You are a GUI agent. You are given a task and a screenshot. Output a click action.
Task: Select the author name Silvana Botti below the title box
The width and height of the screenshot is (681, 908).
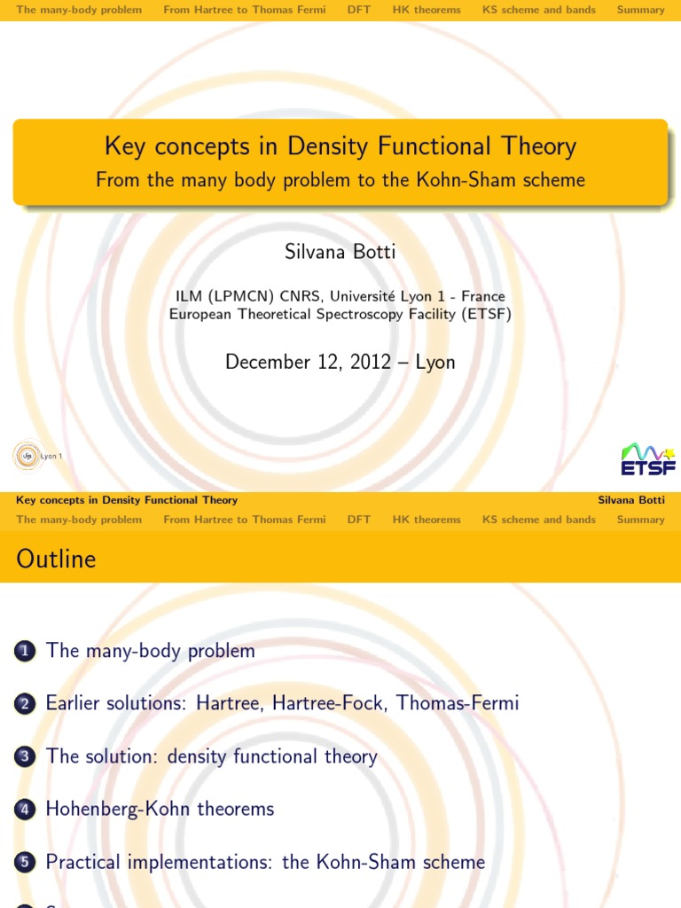(x=340, y=252)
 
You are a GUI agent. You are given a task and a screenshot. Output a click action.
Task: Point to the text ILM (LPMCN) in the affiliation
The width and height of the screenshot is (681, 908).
(x=225, y=296)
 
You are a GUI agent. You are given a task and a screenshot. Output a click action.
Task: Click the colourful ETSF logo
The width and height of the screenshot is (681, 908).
(x=647, y=458)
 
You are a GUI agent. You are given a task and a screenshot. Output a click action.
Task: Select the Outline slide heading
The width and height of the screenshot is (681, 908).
(x=56, y=559)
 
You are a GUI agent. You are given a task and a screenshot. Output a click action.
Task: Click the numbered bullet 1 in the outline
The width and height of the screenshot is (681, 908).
(x=24, y=652)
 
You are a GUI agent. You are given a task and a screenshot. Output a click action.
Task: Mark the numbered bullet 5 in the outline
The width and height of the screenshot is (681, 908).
(x=24, y=863)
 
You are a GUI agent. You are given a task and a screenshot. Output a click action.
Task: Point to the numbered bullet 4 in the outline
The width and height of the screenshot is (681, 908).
(x=24, y=810)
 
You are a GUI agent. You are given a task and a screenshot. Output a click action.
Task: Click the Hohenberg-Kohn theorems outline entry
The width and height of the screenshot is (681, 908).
(x=160, y=809)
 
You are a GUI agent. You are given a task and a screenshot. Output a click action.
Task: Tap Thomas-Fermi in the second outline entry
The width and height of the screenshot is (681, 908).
(x=458, y=703)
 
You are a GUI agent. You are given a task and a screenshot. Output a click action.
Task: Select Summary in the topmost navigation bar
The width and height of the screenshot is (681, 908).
(x=640, y=10)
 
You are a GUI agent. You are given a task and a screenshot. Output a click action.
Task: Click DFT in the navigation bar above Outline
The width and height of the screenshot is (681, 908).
(x=359, y=520)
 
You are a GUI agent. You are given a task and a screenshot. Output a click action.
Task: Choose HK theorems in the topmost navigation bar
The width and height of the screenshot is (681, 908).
(x=427, y=10)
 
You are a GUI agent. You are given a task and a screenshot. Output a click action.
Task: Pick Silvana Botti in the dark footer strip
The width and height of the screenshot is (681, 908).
(x=631, y=500)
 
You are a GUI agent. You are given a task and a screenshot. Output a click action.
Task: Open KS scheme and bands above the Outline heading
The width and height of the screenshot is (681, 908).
(x=539, y=520)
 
